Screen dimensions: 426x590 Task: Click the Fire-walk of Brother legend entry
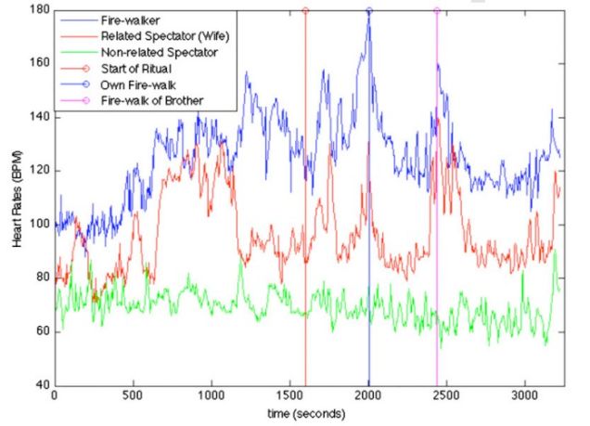click(x=146, y=100)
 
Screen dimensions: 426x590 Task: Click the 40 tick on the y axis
click(x=44, y=385)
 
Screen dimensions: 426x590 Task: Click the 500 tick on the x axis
click(x=134, y=394)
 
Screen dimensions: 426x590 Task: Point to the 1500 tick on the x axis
click(x=290, y=394)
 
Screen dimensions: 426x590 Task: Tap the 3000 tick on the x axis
click(x=525, y=394)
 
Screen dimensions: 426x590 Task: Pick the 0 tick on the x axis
click(x=56, y=394)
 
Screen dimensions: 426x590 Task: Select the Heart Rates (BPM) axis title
click(x=19, y=197)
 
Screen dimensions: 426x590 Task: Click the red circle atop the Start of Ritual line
click(x=305, y=10)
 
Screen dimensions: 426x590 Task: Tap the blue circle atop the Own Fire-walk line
click(x=369, y=10)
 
